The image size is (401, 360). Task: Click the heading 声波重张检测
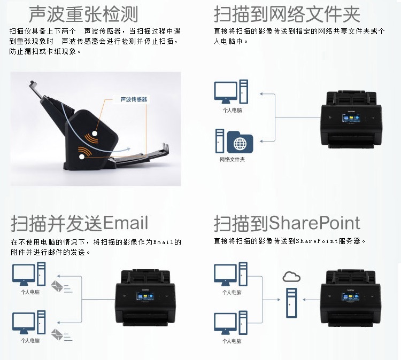[83, 14]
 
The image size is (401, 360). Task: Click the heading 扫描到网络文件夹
[287, 14]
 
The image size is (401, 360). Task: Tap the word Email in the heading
[125, 223]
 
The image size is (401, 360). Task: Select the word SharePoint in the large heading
[314, 223]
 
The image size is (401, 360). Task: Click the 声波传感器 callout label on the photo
[134, 99]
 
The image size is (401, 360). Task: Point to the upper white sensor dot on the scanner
[95, 134]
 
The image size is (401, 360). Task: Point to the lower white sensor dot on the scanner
[82, 156]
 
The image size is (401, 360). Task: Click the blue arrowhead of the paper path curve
[128, 149]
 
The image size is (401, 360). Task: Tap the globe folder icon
[240, 142]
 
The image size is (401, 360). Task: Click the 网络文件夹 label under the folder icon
[232, 159]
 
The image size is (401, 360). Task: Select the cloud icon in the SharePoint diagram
[291, 277]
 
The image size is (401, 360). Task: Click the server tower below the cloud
[291, 303]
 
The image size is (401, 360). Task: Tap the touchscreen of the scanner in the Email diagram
[145, 296]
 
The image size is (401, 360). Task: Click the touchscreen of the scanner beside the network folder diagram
[351, 118]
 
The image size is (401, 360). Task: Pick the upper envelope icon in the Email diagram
[57, 286]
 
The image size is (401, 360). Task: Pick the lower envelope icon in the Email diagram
[57, 334]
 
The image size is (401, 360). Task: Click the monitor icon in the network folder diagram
[226, 92]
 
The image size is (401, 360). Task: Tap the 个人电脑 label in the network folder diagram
[232, 111]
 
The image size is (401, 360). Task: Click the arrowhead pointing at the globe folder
[261, 141]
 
